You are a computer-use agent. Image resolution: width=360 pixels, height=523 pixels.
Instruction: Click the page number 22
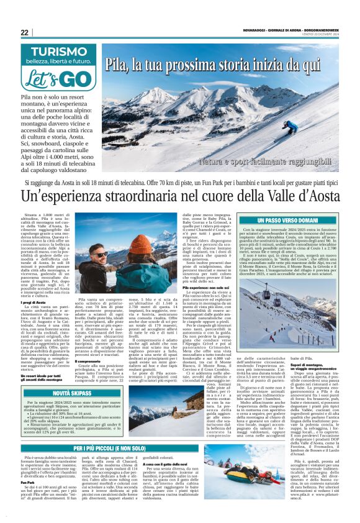tap(24, 32)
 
